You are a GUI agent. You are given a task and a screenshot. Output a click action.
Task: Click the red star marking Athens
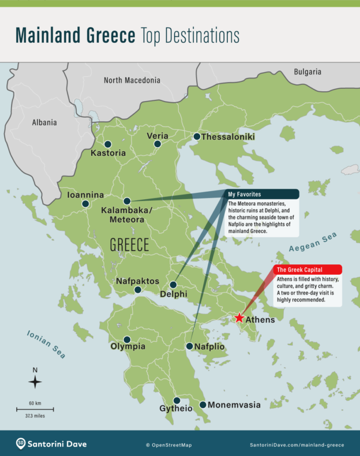pyautogui.click(x=239, y=318)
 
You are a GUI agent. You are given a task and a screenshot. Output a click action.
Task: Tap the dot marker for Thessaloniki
pyautogui.click(x=197, y=137)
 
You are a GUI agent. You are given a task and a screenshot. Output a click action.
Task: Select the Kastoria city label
pyautogui.click(x=108, y=154)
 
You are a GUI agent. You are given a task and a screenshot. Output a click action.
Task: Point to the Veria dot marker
pyautogui.click(x=157, y=144)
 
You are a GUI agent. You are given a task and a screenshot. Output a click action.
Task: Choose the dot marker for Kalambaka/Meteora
pyautogui.click(x=127, y=201)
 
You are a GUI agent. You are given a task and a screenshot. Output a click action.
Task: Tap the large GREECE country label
pyautogui.click(x=130, y=245)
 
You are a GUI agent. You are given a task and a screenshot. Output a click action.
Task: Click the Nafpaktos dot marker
pyautogui.click(x=138, y=290)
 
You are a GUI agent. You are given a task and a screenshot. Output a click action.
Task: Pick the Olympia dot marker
pyautogui.click(x=127, y=339)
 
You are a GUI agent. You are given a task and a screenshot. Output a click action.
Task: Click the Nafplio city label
pyautogui.click(x=210, y=346)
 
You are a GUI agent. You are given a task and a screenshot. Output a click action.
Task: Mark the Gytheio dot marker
pyautogui.click(x=177, y=401)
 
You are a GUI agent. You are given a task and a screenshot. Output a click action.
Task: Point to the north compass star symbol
pyautogui.click(x=35, y=382)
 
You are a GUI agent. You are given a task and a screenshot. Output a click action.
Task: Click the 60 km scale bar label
pyautogui.click(x=35, y=402)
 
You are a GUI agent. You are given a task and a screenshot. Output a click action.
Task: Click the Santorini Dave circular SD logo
pyautogui.click(x=21, y=443)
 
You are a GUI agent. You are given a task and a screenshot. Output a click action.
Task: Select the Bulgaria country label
pyautogui.click(x=307, y=72)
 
